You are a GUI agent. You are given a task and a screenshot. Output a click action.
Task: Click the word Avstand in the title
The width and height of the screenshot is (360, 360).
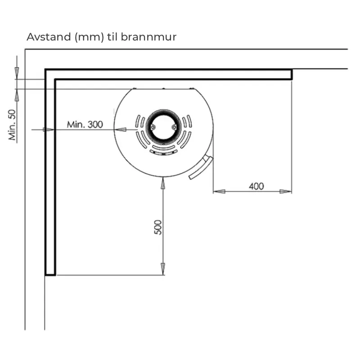[x=49, y=37]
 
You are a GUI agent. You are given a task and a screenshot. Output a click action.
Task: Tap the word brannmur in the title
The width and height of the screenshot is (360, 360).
[x=148, y=37]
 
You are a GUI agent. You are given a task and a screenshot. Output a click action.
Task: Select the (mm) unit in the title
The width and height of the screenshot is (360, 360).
[x=89, y=37]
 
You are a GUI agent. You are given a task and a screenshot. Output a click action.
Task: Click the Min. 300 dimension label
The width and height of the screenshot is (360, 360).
[x=85, y=125]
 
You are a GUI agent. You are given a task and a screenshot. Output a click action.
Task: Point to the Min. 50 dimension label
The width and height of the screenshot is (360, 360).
[x=13, y=125]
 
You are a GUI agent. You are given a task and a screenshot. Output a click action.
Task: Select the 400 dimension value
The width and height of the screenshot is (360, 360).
[x=256, y=186]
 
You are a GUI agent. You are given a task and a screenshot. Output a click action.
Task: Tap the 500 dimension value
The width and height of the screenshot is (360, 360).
[x=158, y=227]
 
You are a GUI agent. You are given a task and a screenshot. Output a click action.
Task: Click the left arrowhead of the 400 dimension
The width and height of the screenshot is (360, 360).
[x=219, y=192]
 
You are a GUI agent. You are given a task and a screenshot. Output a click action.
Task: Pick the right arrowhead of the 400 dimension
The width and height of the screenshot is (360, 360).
[x=286, y=192]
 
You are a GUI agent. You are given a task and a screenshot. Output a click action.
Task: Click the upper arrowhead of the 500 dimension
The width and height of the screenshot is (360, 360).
[x=163, y=183]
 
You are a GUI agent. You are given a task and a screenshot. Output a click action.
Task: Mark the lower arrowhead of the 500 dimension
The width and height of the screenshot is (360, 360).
[x=163, y=269]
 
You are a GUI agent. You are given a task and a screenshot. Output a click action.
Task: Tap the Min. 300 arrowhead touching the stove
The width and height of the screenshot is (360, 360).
[x=120, y=130]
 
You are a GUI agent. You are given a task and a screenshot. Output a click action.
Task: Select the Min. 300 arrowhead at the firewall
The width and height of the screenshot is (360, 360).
[x=49, y=130]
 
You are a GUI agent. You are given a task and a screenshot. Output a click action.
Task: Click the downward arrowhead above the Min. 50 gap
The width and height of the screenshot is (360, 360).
[x=17, y=73]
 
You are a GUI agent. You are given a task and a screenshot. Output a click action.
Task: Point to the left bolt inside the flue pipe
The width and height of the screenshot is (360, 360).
[x=153, y=127]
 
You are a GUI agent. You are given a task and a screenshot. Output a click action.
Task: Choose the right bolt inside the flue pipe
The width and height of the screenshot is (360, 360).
[x=174, y=127]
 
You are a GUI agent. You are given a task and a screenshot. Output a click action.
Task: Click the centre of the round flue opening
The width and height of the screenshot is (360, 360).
[x=163, y=127]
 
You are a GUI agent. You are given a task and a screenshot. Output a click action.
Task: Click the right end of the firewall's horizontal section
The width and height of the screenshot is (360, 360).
[x=292, y=74]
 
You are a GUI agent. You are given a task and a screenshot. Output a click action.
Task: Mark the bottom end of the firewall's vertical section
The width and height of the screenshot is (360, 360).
[x=50, y=274]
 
